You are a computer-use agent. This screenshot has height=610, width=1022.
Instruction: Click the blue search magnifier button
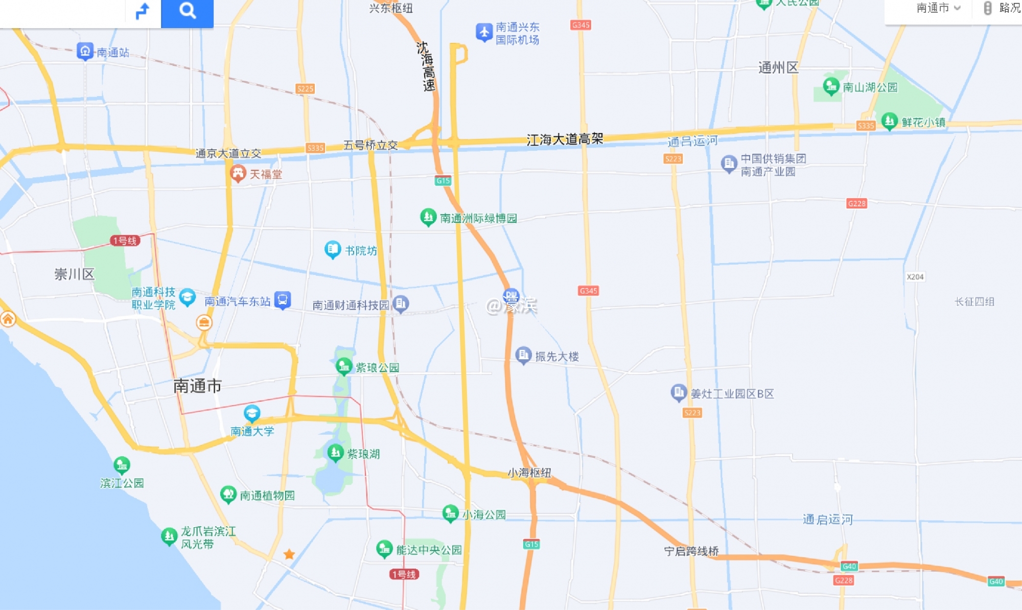pyautogui.click(x=187, y=11)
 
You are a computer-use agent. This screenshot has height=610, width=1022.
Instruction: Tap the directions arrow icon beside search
pyautogui.click(x=143, y=11)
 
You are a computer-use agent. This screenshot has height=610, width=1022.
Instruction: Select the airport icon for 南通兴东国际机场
pyautogui.click(x=483, y=32)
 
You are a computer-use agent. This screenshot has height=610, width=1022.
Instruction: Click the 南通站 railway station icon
pyautogui.click(x=85, y=51)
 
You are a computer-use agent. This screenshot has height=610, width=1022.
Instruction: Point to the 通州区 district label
pyautogui.click(x=778, y=68)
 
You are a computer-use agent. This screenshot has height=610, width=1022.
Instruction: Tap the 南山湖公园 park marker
pyautogui.click(x=831, y=86)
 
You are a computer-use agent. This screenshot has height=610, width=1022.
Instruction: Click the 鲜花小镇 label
pyautogui.click(x=923, y=123)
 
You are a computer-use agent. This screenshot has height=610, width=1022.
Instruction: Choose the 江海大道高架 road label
pyautogui.click(x=565, y=139)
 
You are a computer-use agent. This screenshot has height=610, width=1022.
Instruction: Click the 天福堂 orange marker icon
pyautogui.click(x=238, y=174)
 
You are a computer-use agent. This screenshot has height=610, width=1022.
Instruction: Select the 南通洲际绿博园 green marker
pyautogui.click(x=428, y=217)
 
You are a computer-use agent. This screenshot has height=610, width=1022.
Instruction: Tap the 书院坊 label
pyautogui.click(x=361, y=251)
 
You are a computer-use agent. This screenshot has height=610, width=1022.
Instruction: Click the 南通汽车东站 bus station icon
pyautogui.click(x=283, y=300)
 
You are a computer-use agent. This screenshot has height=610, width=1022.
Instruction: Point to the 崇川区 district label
pyautogui.click(x=75, y=274)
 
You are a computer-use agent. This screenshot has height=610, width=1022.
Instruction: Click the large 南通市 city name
pyautogui.click(x=197, y=386)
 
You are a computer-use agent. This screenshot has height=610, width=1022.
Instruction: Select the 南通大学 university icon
pyautogui.click(x=252, y=413)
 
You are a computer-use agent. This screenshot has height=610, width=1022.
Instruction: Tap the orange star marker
pyautogui.click(x=289, y=554)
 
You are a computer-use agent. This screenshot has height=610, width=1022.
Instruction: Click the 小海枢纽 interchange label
pyautogui.click(x=529, y=473)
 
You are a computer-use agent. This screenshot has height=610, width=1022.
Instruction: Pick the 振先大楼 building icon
pyautogui.click(x=523, y=355)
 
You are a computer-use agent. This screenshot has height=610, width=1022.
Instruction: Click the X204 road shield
pyautogui.click(x=915, y=277)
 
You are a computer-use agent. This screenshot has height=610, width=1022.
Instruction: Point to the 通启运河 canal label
pyautogui.click(x=827, y=520)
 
